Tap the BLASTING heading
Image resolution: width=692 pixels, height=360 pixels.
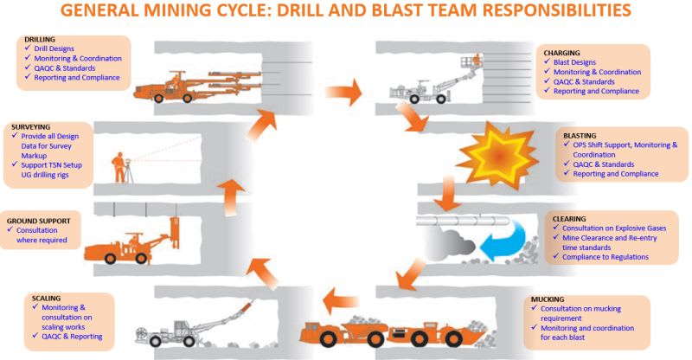[580, 135]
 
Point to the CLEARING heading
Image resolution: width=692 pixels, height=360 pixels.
[567, 218]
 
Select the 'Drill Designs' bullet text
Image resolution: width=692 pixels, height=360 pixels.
[58, 49]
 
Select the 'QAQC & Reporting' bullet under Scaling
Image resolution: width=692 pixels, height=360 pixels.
[69, 337]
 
